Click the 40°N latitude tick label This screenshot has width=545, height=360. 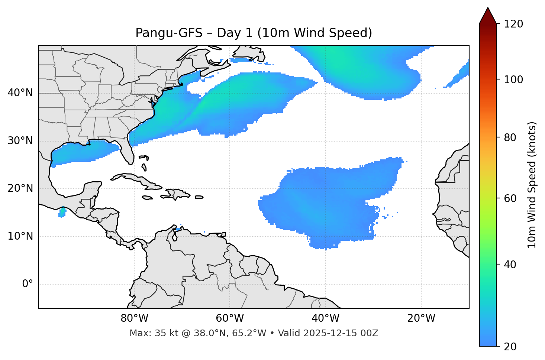20,93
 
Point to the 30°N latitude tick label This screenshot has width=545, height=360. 20,141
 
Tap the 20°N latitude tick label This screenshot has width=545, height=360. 20,188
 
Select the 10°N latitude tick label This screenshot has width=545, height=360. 20,236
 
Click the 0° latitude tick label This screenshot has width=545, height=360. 28,284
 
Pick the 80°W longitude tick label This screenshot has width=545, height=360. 134,318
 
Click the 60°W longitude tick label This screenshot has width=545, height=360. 230,318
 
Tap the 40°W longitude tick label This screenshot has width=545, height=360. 325,318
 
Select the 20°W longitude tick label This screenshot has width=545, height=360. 421,318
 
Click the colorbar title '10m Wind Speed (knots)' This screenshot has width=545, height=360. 532,185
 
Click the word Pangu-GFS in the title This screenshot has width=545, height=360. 169,33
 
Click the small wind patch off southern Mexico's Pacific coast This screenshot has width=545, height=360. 62,213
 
